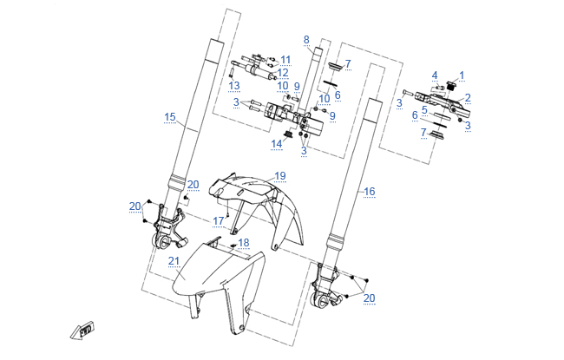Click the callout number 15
pyautogui.click(x=170, y=116)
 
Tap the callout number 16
pyautogui.click(x=369, y=191)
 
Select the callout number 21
pyautogui.click(x=174, y=261)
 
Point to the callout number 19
pyautogui.click(x=279, y=176)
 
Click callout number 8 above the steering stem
pyautogui.click(x=306, y=40)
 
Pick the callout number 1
pyautogui.click(x=462, y=75)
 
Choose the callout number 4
pyautogui.click(x=435, y=75)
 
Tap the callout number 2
pyautogui.click(x=468, y=98)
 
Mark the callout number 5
pyautogui.click(x=424, y=111)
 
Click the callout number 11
pyautogui.click(x=285, y=59)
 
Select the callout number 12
pyautogui.click(x=283, y=73)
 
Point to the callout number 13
pyautogui.click(x=234, y=85)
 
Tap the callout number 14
pyautogui.click(x=277, y=143)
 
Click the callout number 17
pyautogui.click(x=219, y=221)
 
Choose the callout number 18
pyautogui.click(x=244, y=243)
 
